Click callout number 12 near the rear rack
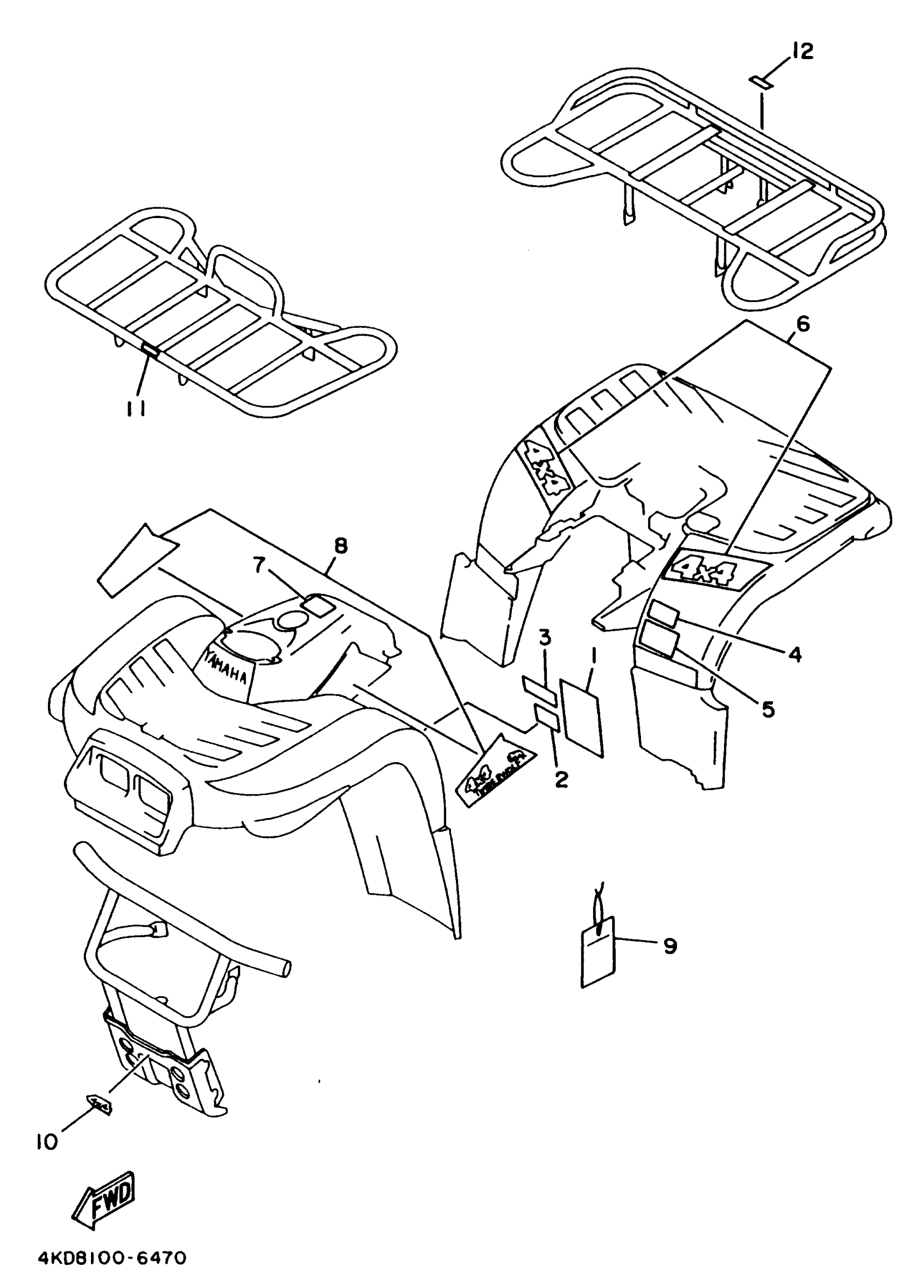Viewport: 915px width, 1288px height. point(803,52)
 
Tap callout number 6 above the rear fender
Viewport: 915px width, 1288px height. point(803,324)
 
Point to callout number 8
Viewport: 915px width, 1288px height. point(340,545)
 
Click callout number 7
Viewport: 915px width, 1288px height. point(258,564)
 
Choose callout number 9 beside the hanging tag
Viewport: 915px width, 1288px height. point(670,946)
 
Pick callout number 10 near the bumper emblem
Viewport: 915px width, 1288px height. point(47,1142)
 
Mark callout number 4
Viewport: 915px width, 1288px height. point(794,653)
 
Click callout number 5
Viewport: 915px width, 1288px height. point(768,709)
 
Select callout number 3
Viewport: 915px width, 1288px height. point(544,639)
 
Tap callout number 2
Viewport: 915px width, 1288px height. point(561,779)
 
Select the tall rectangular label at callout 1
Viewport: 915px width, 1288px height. point(582,717)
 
